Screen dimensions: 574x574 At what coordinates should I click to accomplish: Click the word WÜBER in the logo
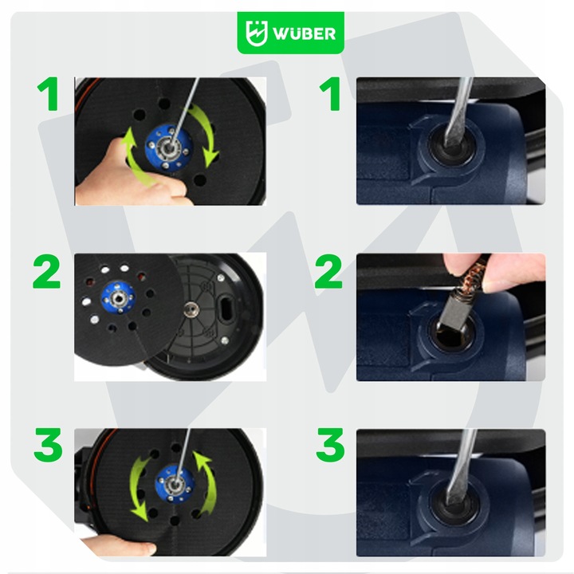click(x=304, y=33)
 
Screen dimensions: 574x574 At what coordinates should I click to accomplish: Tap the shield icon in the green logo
click(x=256, y=33)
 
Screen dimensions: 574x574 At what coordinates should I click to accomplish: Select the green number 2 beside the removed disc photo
click(x=46, y=271)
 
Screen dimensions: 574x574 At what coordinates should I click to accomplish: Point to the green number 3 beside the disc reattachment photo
click(x=48, y=445)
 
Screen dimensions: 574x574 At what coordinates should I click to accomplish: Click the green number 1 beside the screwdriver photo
click(x=331, y=94)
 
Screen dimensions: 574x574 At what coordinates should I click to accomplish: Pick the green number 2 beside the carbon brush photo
click(x=328, y=271)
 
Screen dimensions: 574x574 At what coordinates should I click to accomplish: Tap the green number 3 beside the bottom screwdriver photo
click(x=330, y=445)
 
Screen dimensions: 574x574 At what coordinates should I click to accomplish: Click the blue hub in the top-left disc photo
click(x=169, y=148)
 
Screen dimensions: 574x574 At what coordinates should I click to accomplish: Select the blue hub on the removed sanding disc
click(x=118, y=298)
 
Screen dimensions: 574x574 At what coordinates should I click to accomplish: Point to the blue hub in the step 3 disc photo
click(x=175, y=484)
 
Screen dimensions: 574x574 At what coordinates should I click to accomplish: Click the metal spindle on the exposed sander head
click(x=191, y=309)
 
